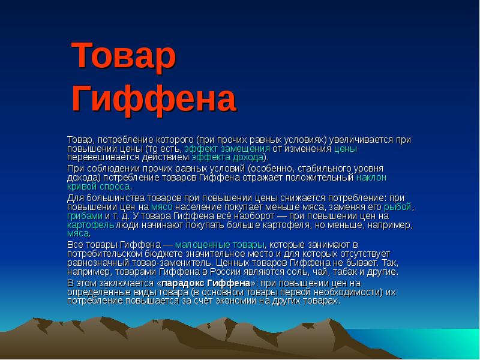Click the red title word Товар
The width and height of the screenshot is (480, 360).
(x=124, y=55)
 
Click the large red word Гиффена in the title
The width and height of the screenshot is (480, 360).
(x=154, y=99)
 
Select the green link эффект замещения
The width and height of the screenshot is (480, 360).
(x=227, y=149)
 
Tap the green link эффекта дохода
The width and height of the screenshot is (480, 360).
(x=227, y=157)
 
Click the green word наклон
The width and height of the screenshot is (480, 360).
(x=371, y=178)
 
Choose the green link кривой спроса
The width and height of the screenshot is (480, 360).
(x=98, y=187)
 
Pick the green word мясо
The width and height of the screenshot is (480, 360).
(x=162, y=207)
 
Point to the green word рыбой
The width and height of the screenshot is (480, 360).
(x=398, y=207)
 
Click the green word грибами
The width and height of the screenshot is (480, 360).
(x=85, y=216)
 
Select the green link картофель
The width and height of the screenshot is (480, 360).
(x=91, y=226)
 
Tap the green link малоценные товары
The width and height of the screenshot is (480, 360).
(x=220, y=245)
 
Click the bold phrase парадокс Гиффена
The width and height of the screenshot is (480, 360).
(x=206, y=283)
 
